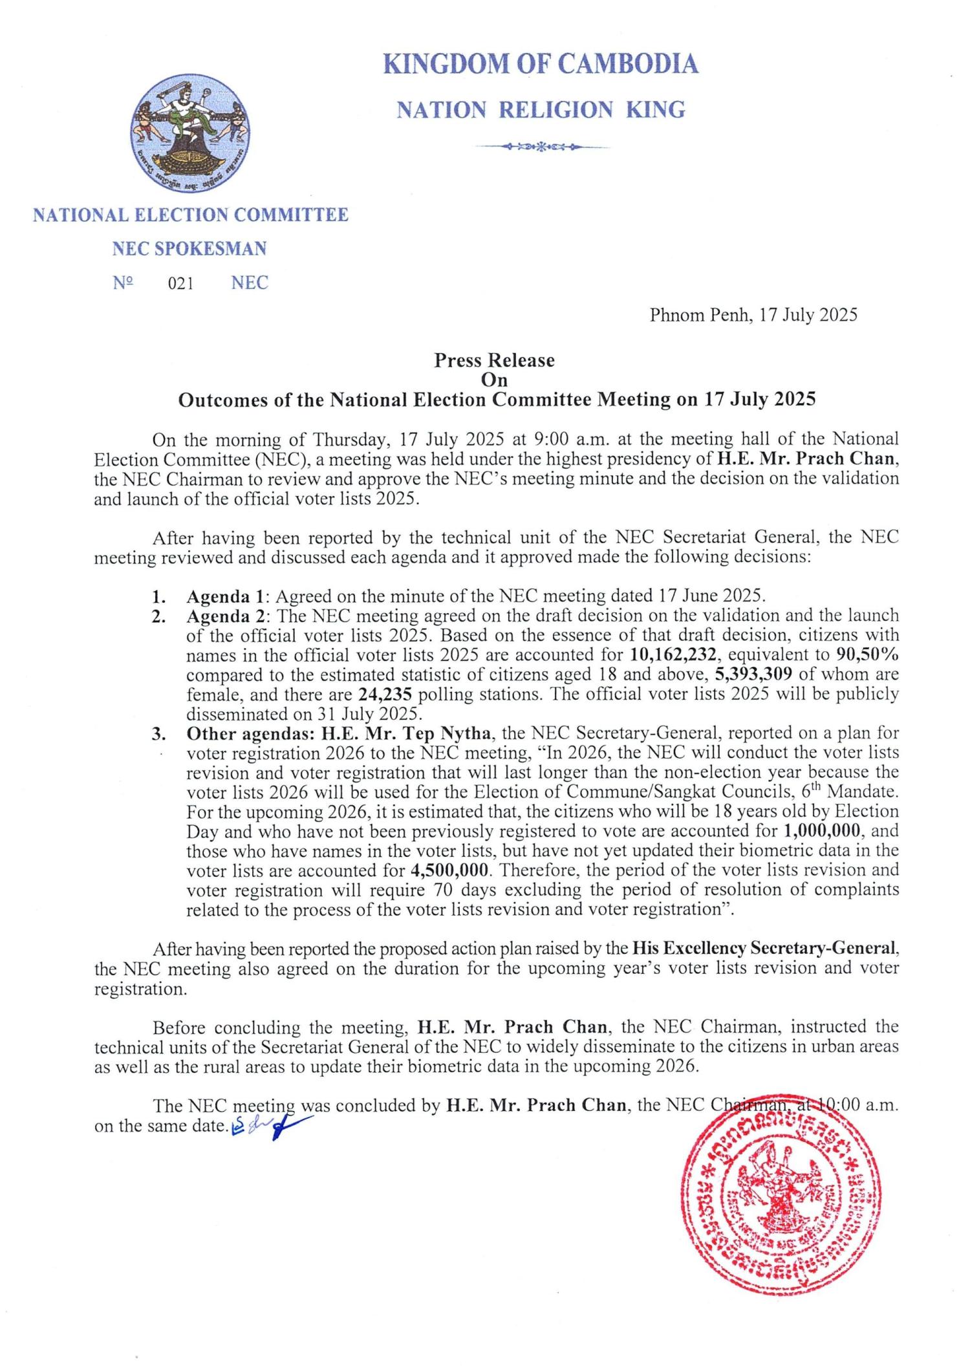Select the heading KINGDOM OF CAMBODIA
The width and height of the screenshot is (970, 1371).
[541, 65]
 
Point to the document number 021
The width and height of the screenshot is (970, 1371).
[180, 283]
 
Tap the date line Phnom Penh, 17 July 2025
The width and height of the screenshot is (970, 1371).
[753, 315]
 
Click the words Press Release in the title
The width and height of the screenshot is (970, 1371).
[494, 360]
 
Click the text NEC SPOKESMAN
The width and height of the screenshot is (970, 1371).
[189, 249]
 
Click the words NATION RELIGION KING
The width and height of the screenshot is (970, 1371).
[541, 110]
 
